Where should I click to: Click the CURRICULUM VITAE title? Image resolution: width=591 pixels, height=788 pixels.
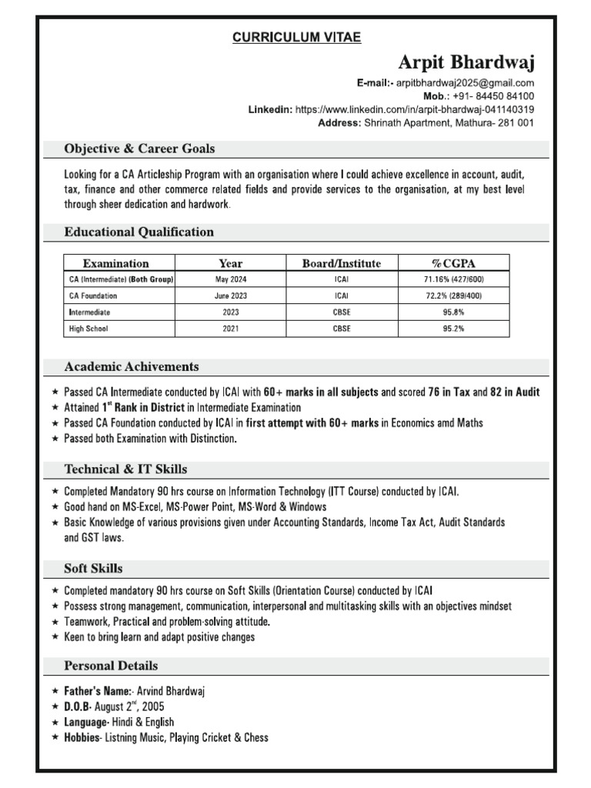point(296,37)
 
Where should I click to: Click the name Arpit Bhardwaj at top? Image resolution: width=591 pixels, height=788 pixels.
point(466,62)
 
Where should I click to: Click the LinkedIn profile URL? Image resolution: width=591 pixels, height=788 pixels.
point(415,109)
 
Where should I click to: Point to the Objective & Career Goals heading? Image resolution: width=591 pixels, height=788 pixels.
point(139,149)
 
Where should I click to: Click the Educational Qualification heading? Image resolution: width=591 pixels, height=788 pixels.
point(139,232)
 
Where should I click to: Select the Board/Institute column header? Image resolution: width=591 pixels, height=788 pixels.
point(341,263)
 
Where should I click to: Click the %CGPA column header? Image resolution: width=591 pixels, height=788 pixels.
point(453,263)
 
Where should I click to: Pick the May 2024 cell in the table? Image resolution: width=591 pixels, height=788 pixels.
point(231,279)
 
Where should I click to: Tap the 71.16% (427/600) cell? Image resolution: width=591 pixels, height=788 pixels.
point(453,279)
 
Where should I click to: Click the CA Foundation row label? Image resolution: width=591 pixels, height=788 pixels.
point(93,295)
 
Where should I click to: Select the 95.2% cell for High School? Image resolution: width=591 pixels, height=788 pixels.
point(453,329)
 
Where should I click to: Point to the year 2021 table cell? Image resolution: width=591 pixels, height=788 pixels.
point(231,329)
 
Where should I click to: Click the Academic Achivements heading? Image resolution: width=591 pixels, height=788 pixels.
point(132,366)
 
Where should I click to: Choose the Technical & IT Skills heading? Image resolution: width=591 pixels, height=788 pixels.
point(125,469)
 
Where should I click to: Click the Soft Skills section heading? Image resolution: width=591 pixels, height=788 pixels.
point(93,569)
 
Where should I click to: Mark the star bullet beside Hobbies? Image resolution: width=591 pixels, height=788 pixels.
point(55,737)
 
